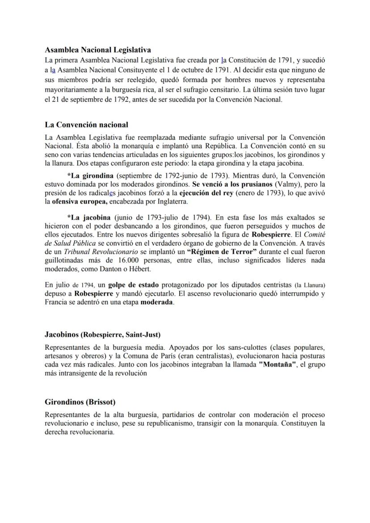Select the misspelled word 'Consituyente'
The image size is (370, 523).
tap(139, 70)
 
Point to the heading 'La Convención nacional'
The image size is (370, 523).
tap(86, 125)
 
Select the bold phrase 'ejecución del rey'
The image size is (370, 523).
tap(206, 193)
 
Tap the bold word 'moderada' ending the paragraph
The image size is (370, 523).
tap(156, 302)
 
